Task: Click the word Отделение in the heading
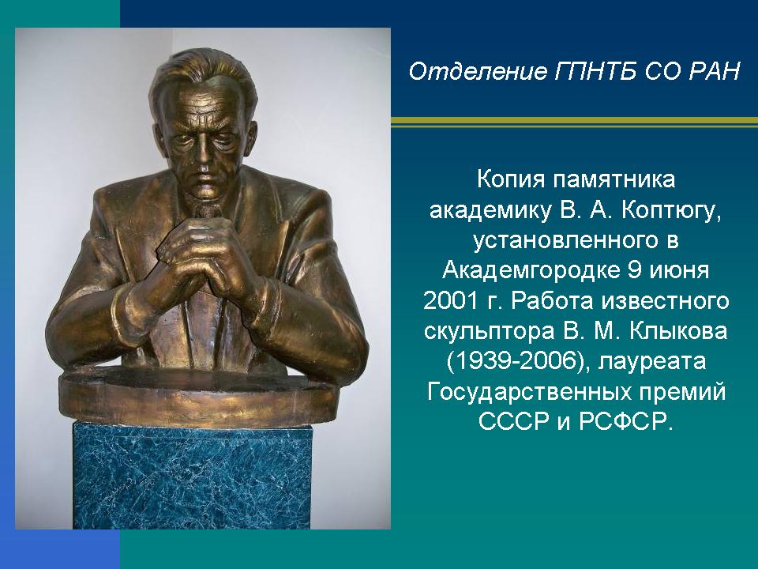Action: click(x=478, y=72)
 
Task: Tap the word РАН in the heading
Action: click(x=714, y=72)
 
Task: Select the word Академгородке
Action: click(x=531, y=270)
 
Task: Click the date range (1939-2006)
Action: click(x=518, y=362)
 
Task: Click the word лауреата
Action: click(x=653, y=363)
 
